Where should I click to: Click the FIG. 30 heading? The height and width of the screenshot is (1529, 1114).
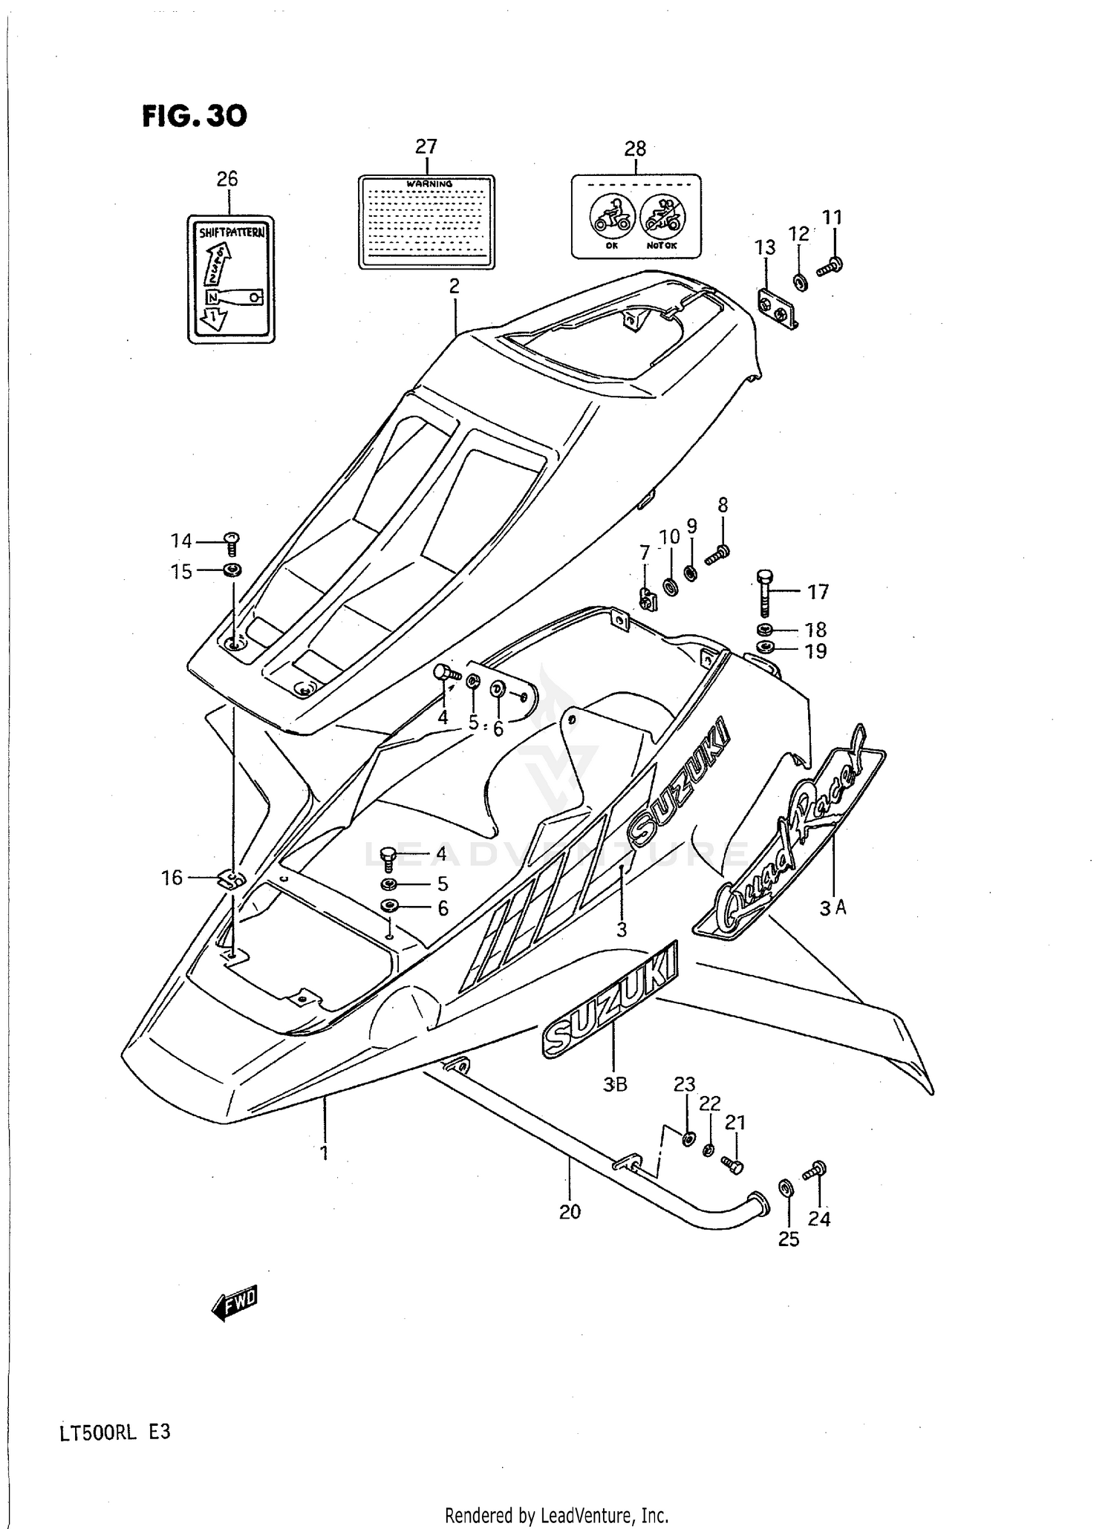195,116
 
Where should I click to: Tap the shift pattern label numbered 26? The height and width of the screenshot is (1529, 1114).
230,279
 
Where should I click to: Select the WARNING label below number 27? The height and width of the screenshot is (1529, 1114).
426,221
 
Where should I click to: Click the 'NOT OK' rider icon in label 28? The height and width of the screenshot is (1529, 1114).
662,215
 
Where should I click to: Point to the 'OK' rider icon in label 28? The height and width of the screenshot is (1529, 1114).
611,215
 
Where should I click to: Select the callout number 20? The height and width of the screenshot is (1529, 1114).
570,1212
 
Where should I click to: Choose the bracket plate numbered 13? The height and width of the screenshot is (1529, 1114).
778,310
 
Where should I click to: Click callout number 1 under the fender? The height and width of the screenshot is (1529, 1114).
324,1153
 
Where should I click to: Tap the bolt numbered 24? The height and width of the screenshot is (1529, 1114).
814,1171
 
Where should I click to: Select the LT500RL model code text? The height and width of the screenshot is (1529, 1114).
98,1432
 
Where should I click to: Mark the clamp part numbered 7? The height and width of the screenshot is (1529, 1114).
648,599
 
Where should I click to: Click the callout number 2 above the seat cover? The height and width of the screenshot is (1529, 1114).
454,286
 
